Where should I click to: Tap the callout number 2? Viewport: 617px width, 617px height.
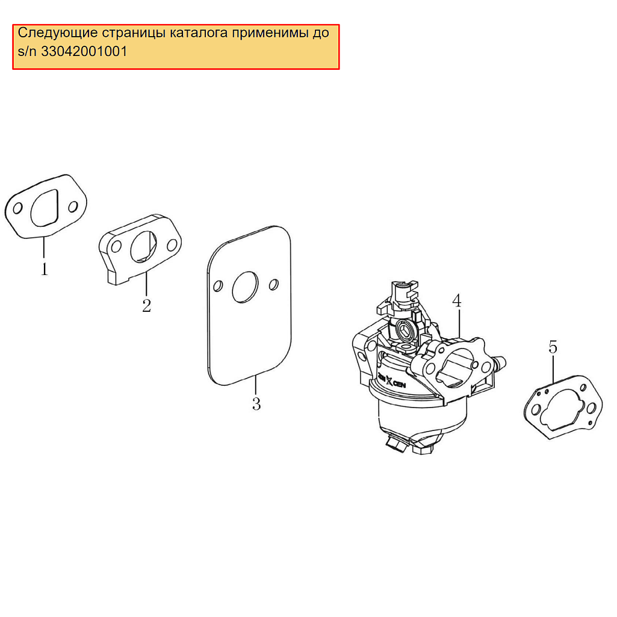coord(146,305)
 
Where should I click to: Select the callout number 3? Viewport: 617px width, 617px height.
coord(256,404)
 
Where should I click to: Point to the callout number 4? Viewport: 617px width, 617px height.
coord(456,300)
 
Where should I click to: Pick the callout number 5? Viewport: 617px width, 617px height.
coord(553,347)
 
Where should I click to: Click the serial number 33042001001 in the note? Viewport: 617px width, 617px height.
coord(84,52)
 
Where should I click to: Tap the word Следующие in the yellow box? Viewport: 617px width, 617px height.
coord(58,33)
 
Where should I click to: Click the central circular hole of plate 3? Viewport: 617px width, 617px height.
coord(245,287)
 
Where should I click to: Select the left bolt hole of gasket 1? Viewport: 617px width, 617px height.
coord(17,208)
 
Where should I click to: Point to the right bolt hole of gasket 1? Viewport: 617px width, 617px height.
coord(73,206)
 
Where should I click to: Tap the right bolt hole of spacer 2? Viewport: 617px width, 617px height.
coord(172,245)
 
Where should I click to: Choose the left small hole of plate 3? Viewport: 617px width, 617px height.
coord(218,286)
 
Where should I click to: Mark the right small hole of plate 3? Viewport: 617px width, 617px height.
coord(274,284)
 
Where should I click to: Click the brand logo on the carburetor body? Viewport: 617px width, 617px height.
coord(391,380)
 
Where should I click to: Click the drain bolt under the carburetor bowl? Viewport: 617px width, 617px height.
coord(397,444)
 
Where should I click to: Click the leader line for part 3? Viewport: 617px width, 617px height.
coord(256,386)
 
